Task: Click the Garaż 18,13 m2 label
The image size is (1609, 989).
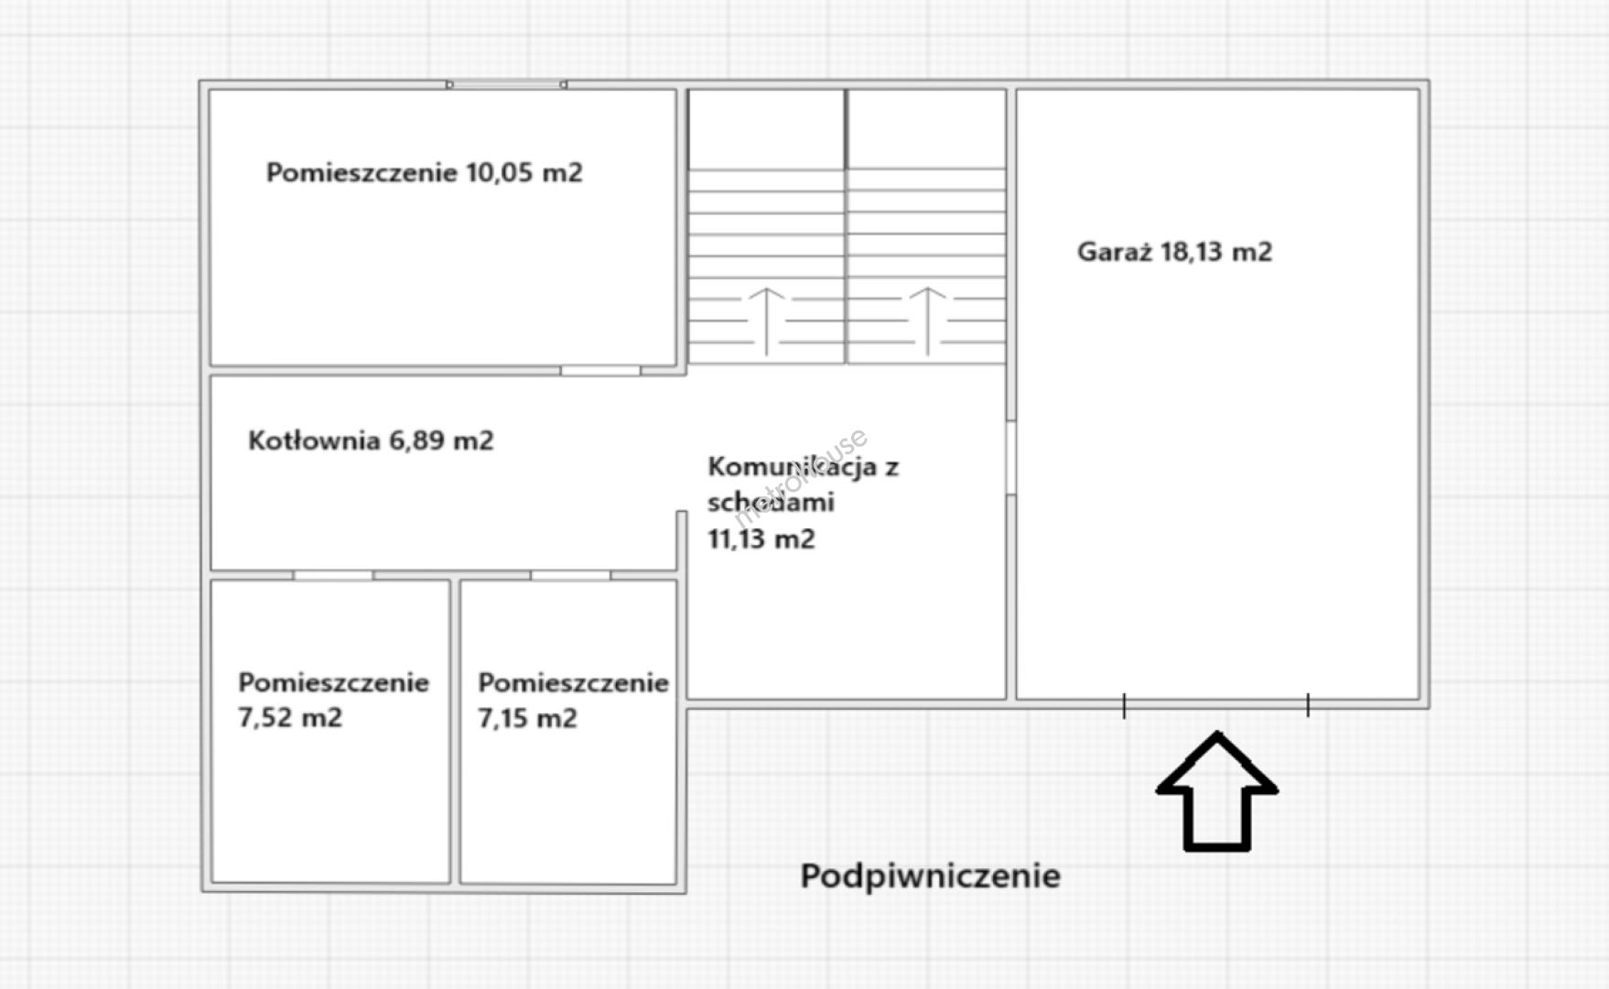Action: [1174, 252]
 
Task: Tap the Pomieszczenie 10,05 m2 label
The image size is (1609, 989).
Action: [424, 172]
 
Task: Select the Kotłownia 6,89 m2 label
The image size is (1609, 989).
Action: [371, 440]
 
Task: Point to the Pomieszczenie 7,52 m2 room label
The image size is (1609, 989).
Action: [333, 700]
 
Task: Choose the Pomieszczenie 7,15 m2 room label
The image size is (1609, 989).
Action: [573, 701]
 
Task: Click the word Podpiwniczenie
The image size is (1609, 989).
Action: [931, 876]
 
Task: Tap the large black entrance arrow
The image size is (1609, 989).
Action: [1216, 791]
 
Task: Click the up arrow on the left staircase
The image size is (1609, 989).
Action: [767, 321]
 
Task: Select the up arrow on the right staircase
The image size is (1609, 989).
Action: [927, 321]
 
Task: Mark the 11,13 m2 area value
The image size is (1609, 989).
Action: [761, 538]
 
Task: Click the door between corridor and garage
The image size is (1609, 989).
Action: [1011, 458]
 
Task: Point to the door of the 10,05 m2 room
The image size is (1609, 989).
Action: [600, 371]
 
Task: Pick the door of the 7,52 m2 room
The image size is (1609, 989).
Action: [333, 575]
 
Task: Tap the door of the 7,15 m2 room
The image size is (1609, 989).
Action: [571, 575]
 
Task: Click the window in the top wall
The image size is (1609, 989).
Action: [506, 84]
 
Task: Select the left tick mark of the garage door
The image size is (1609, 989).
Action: [1124, 705]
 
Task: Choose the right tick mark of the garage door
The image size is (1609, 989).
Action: [1308, 705]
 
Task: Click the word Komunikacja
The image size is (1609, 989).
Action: [792, 467]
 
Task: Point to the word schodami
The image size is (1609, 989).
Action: [771, 502]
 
